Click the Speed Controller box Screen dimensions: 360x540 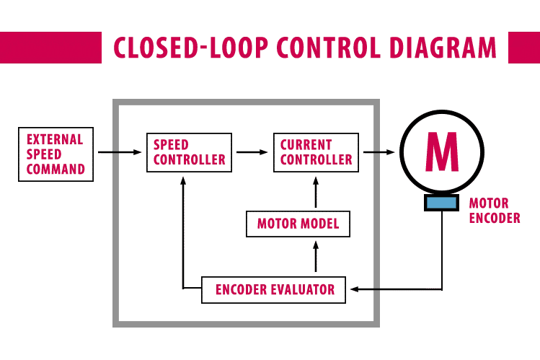click(189, 152)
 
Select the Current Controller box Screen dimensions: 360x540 click(316, 152)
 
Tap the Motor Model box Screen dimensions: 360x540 click(298, 224)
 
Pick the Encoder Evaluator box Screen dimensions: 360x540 click(274, 290)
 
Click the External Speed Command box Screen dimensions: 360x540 click(56, 154)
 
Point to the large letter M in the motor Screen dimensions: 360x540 click(441, 151)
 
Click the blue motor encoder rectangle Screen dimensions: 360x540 click(441, 203)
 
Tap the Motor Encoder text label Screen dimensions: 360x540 click(494, 211)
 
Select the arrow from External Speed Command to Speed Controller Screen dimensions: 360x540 click(120, 152)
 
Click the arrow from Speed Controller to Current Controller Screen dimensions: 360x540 click(252, 152)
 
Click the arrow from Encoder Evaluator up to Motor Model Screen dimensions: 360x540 click(315, 256)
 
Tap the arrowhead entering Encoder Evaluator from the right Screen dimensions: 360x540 click(353, 290)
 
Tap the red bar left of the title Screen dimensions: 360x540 click(50, 48)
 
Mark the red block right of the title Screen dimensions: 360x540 click(524, 48)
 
